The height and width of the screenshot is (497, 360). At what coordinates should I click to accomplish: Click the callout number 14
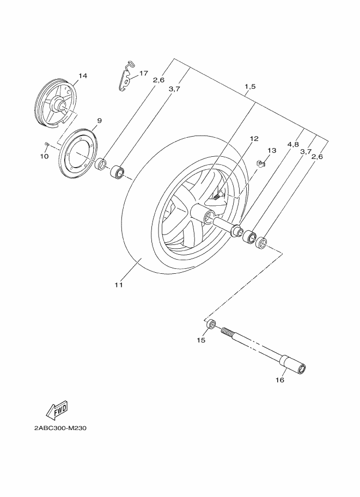pos(83,76)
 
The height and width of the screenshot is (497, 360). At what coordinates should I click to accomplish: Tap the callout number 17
pos(144,73)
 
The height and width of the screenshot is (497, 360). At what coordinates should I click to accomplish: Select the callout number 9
pos(99,120)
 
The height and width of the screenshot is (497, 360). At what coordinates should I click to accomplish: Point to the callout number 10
pos(44,156)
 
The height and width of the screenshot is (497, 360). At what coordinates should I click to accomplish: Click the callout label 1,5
pos(250,87)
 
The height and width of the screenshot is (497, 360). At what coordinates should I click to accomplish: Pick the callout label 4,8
pos(293,145)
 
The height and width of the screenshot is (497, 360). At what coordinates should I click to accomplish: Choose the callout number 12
pos(254,138)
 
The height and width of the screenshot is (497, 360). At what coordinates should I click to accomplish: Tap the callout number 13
pos(272,150)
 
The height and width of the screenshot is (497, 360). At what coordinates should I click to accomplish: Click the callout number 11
pos(118,285)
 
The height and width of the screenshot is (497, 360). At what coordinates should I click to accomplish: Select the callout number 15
pos(201,340)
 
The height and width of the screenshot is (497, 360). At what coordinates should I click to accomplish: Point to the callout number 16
pos(280,380)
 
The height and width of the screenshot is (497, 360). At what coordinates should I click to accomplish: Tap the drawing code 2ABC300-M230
pos(60,428)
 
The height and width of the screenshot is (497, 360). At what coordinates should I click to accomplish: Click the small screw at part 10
pos(47,144)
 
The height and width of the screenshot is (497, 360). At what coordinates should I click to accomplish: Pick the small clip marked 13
pos(260,163)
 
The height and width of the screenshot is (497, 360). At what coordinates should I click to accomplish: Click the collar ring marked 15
pos(211,324)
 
